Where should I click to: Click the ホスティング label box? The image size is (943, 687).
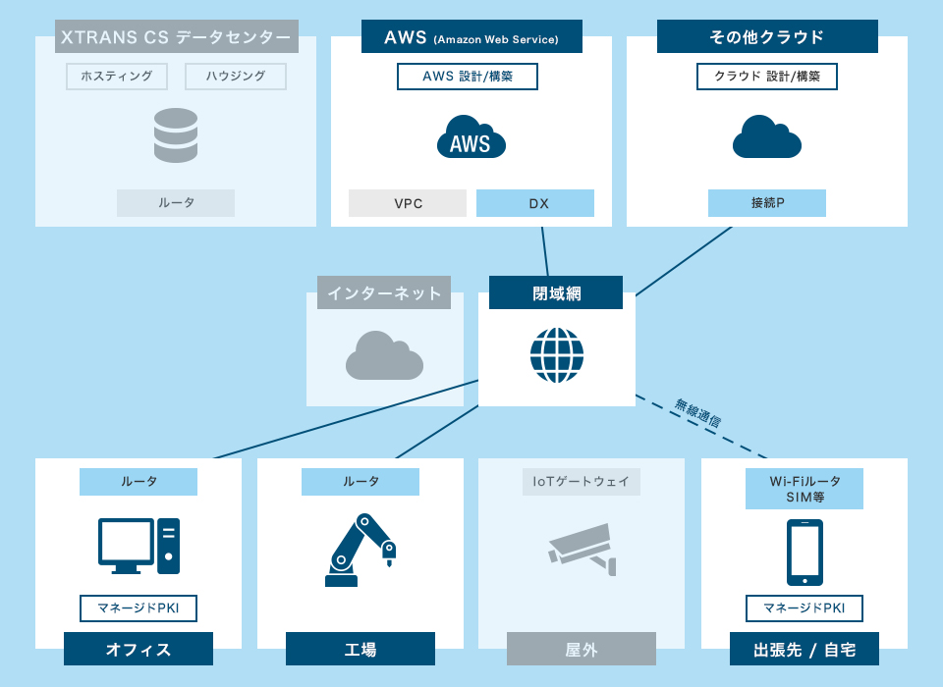[117, 77]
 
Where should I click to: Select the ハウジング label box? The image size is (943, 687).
[235, 77]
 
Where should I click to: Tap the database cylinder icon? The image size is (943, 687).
[176, 135]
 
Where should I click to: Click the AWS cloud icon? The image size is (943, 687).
[471, 137]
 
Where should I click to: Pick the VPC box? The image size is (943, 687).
[408, 203]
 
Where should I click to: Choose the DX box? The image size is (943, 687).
[535, 203]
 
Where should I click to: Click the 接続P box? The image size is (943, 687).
[767, 203]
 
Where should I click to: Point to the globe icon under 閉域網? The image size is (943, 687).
[557, 355]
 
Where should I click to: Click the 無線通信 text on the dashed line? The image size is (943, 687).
[698, 412]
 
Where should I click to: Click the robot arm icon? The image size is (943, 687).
[360, 550]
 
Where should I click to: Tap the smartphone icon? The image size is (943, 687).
[804, 553]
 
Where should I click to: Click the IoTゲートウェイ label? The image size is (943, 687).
[582, 482]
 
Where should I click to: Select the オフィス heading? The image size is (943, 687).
[139, 650]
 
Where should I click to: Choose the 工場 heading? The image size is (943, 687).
[361, 650]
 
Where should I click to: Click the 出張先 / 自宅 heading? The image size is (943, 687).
[804, 650]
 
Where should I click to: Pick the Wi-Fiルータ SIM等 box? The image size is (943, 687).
[804, 489]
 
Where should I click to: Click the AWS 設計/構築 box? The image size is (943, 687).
[468, 77]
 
